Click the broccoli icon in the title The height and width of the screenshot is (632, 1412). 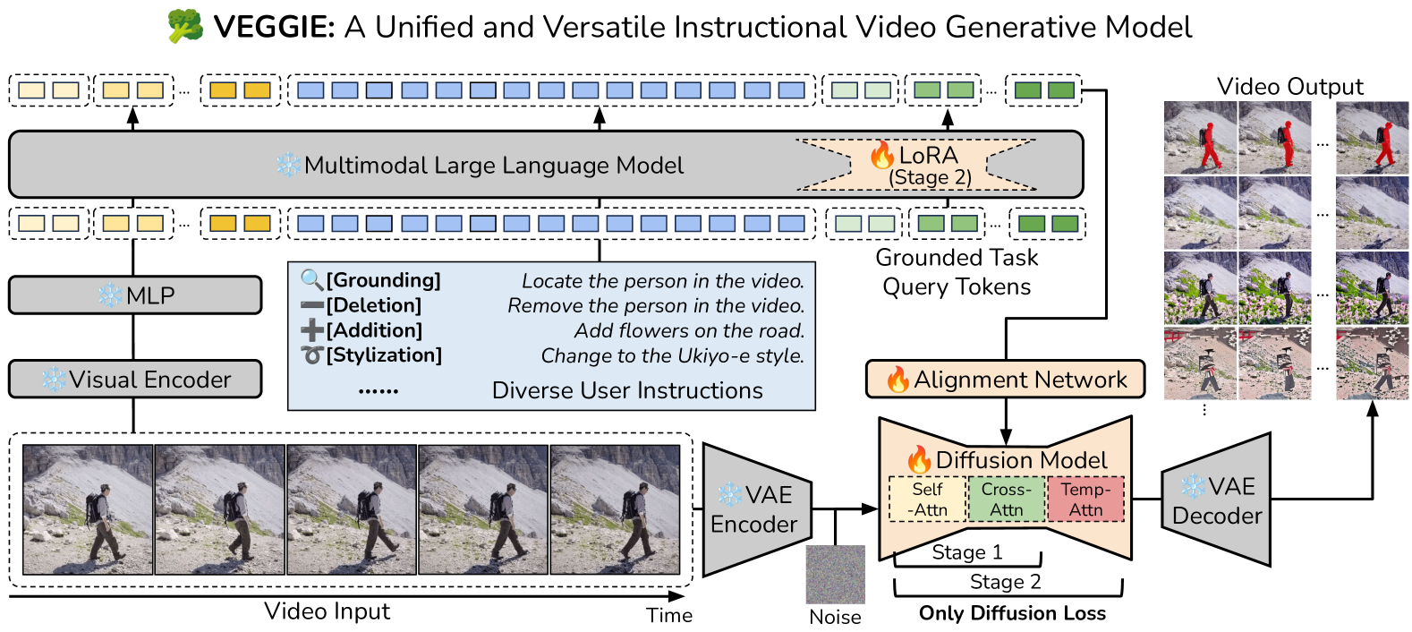coord(185,27)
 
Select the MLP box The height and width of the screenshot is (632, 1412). coord(135,295)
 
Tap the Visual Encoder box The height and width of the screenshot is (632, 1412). coord(135,380)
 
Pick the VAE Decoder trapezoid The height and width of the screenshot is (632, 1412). coord(1217,500)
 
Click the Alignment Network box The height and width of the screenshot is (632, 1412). coord(1006,380)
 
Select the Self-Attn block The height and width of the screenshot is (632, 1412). coord(928,500)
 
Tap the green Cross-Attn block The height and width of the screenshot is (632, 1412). coord(1007,500)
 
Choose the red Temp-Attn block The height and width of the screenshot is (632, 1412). coord(1085,500)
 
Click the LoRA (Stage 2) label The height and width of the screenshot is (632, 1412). coord(928,166)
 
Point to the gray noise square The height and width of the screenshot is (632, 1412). coord(835,574)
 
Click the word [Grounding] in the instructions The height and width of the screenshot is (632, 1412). coord(383,281)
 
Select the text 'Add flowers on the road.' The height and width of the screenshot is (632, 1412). coord(689,331)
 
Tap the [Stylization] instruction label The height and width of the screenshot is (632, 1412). coord(384,355)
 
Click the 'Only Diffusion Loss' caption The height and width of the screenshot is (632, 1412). coord(1012,613)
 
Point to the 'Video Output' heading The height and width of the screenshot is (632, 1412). coord(1289,87)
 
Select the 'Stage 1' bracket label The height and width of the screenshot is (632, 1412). coord(967,552)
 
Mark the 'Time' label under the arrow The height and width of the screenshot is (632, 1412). coord(669,615)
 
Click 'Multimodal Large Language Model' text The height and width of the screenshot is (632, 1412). coord(493,166)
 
